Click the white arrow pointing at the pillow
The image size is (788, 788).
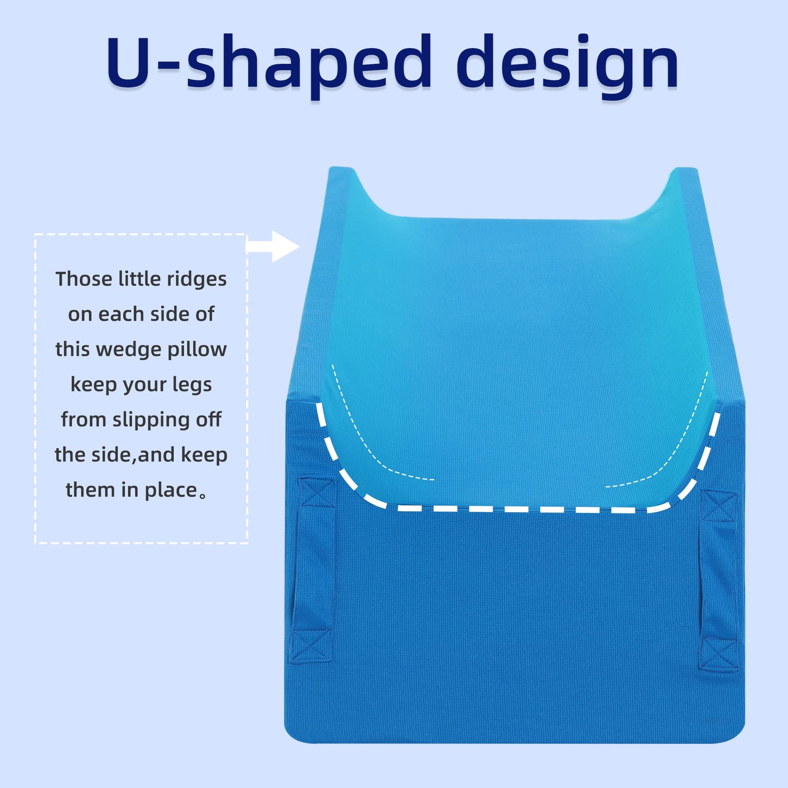pyautogui.click(x=273, y=246)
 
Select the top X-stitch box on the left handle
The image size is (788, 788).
pyautogui.click(x=317, y=493)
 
